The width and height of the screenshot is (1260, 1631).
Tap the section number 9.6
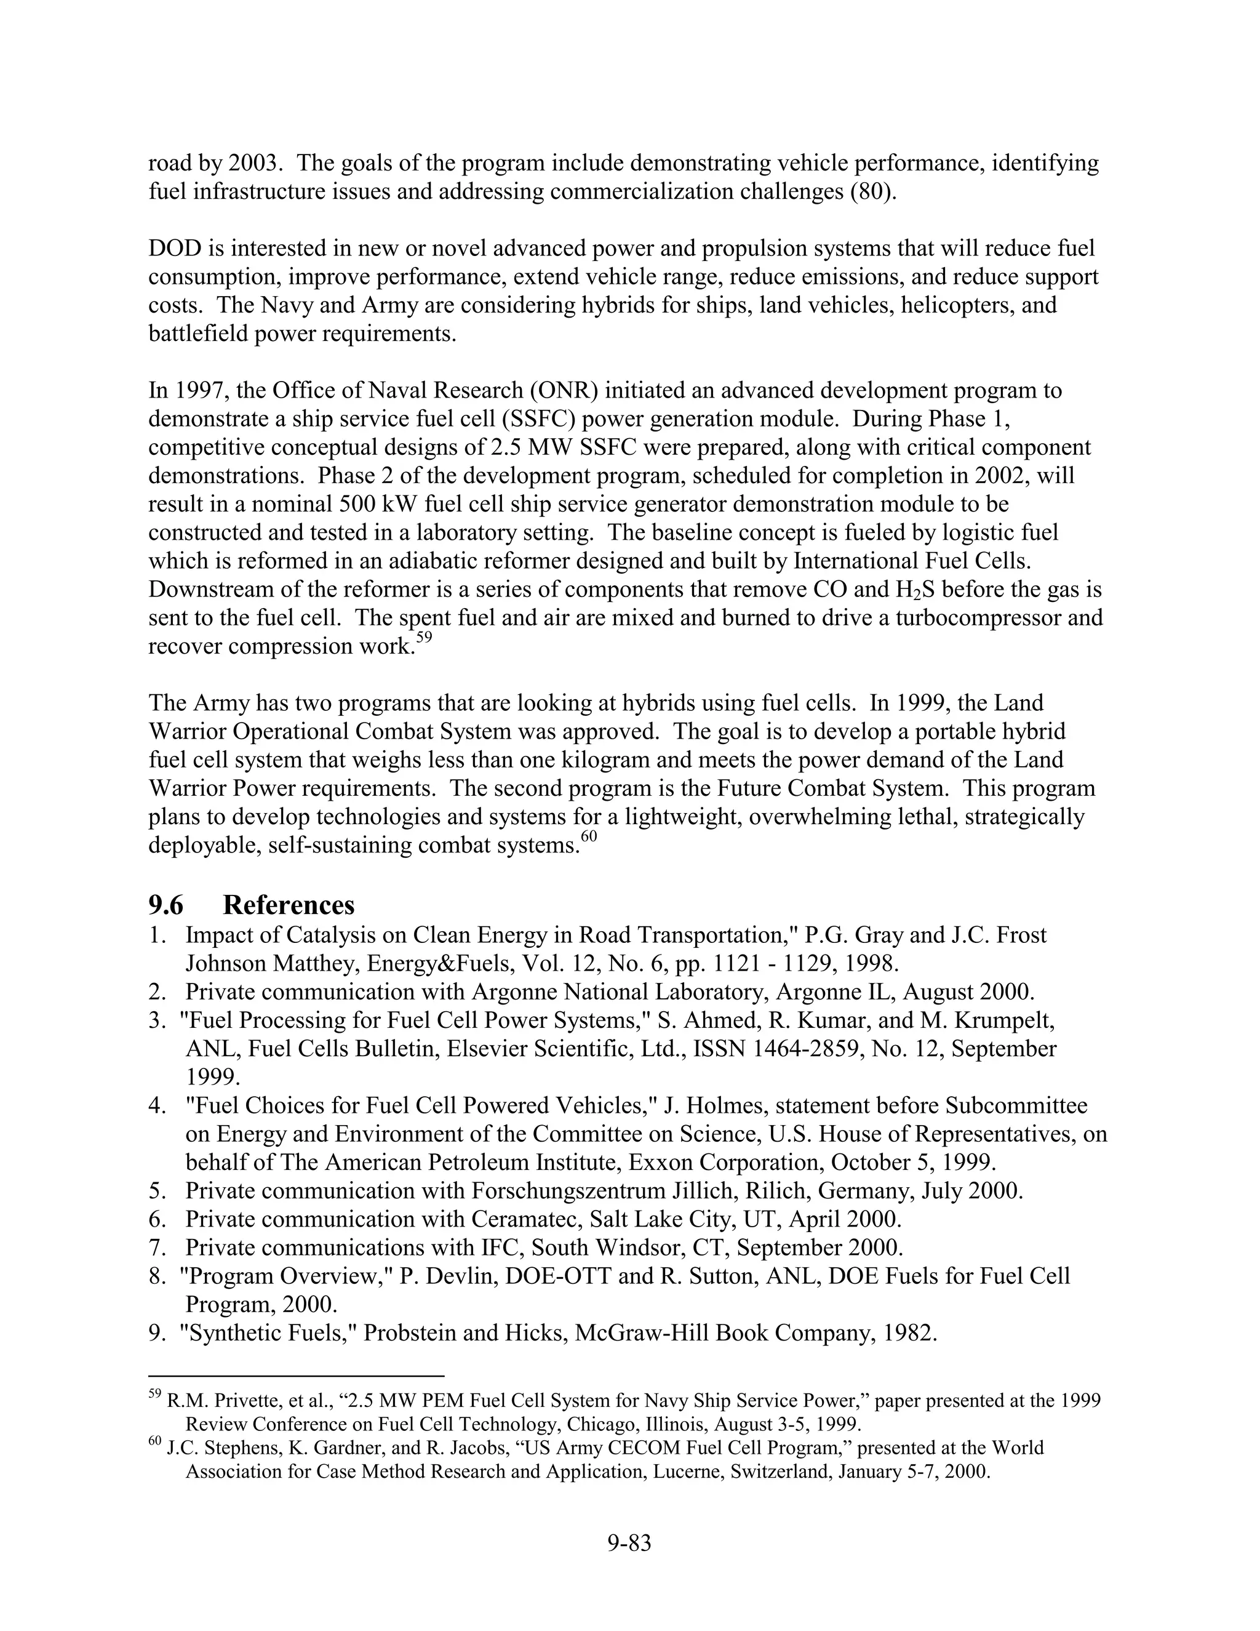pyautogui.click(x=165, y=905)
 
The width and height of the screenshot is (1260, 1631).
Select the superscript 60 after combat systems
pyautogui.click(x=589, y=838)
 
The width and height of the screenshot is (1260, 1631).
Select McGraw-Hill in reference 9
pyautogui.click(x=641, y=1333)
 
